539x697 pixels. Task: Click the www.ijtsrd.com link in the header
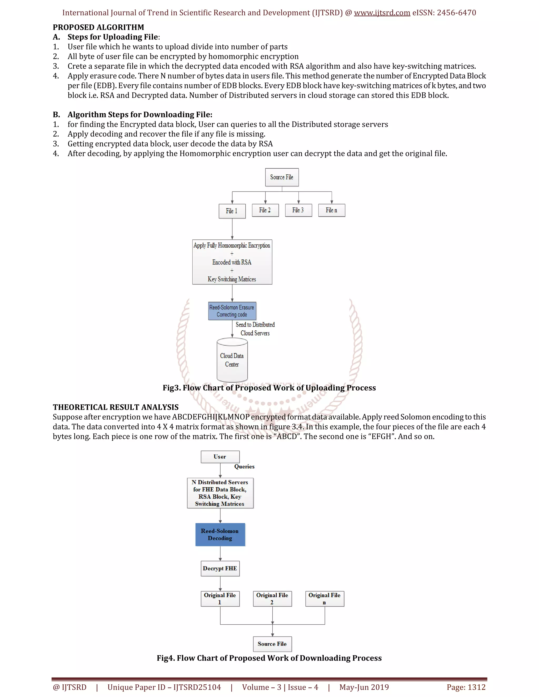click(x=382, y=13)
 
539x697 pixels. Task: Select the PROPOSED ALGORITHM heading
click(x=98, y=27)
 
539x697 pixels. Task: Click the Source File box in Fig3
click(x=282, y=177)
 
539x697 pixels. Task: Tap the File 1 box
click(x=232, y=211)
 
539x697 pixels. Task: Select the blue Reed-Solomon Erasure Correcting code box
click(x=232, y=311)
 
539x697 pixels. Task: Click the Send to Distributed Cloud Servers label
click(x=255, y=329)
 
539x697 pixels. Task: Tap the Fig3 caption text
click(x=269, y=388)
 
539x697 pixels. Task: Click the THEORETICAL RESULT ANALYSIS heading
click(x=116, y=407)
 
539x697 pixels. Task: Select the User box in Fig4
click(x=220, y=457)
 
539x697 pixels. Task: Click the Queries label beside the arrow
click(x=244, y=467)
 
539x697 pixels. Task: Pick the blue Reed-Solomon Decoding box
click(x=220, y=534)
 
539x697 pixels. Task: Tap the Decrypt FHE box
click(x=220, y=568)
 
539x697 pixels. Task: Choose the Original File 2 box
click(x=272, y=599)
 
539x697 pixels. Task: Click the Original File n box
click(x=325, y=599)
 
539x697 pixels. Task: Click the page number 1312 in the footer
click(x=466, y=687)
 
